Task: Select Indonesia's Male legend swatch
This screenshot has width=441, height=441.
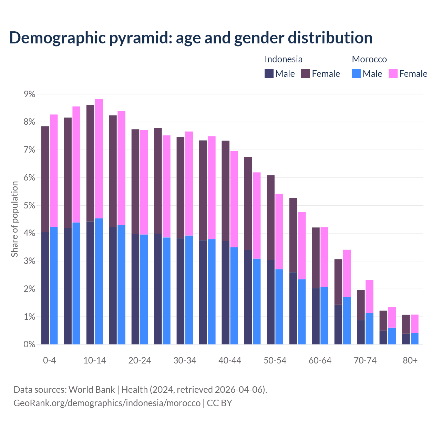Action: point(269,73)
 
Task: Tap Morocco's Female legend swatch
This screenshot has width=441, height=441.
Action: point(393,73)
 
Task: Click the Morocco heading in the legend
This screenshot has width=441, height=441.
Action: point(369,59)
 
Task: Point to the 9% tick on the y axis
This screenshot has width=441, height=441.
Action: point(29,94)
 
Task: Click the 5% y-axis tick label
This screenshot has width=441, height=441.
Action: point(29,206)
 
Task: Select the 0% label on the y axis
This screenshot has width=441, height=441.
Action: point(29,345)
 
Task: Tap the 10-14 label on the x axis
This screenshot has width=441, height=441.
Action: point(95,361)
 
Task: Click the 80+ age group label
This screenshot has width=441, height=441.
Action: point(410,361)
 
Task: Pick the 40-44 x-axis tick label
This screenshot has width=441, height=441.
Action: point(230,361)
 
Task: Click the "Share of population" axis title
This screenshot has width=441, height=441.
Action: point(14,219)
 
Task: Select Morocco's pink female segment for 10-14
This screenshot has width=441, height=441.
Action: point(99,158)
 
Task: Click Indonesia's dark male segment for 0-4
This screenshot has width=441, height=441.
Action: point(45,288)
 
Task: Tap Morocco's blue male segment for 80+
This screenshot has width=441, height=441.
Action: point(414,339)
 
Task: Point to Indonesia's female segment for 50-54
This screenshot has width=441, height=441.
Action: point(271,217)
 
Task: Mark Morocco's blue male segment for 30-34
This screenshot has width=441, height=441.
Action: point(189,290)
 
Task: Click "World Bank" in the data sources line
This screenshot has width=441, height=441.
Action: point(92,390)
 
